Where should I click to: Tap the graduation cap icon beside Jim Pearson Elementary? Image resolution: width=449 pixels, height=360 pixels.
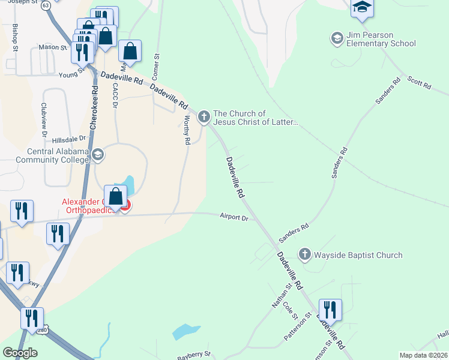337,38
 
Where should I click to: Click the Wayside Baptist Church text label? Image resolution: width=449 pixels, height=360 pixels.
359,255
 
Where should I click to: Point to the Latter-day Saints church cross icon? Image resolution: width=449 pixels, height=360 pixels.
204,116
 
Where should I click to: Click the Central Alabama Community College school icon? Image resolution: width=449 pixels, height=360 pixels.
98,156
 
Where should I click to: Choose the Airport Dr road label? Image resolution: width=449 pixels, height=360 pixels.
234,218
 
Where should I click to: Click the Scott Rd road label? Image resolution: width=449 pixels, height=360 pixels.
419,83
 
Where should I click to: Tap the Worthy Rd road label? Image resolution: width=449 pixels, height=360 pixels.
187,130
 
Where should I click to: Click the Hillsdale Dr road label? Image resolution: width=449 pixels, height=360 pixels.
70,139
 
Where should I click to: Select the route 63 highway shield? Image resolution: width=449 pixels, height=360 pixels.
46,7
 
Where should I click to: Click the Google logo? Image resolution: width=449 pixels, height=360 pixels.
20,353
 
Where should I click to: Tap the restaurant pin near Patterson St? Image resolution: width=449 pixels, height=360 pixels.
330,310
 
